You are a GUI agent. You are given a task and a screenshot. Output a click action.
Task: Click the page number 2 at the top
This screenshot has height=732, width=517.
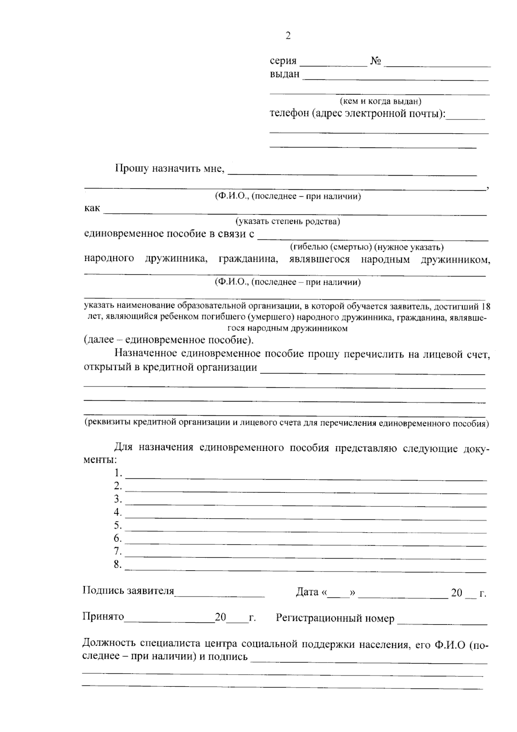288,36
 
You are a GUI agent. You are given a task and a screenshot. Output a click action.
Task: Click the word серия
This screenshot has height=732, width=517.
283,61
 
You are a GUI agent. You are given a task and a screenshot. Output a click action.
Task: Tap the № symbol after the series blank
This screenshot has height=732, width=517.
375,61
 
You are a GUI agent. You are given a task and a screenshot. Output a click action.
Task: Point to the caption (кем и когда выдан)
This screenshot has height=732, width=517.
380,101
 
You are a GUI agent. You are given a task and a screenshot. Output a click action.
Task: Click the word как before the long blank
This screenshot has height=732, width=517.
92,208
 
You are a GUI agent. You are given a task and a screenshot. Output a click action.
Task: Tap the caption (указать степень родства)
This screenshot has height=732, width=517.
287,222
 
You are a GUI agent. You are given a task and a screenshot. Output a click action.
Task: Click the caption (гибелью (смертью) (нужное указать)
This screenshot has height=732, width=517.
366,247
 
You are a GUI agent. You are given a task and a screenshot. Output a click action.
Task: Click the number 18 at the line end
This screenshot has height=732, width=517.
485,307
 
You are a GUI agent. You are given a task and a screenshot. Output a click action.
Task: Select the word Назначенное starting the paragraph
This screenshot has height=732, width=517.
144,354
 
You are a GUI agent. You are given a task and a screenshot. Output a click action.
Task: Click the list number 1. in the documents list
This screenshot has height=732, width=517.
118,473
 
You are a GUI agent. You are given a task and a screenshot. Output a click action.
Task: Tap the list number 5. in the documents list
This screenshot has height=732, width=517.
118,525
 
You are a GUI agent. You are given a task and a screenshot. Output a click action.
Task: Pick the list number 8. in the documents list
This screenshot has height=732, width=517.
118,565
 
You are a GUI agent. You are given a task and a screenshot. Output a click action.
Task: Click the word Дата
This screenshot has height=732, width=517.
307,593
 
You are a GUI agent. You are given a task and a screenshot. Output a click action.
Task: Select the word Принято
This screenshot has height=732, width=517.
103,617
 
